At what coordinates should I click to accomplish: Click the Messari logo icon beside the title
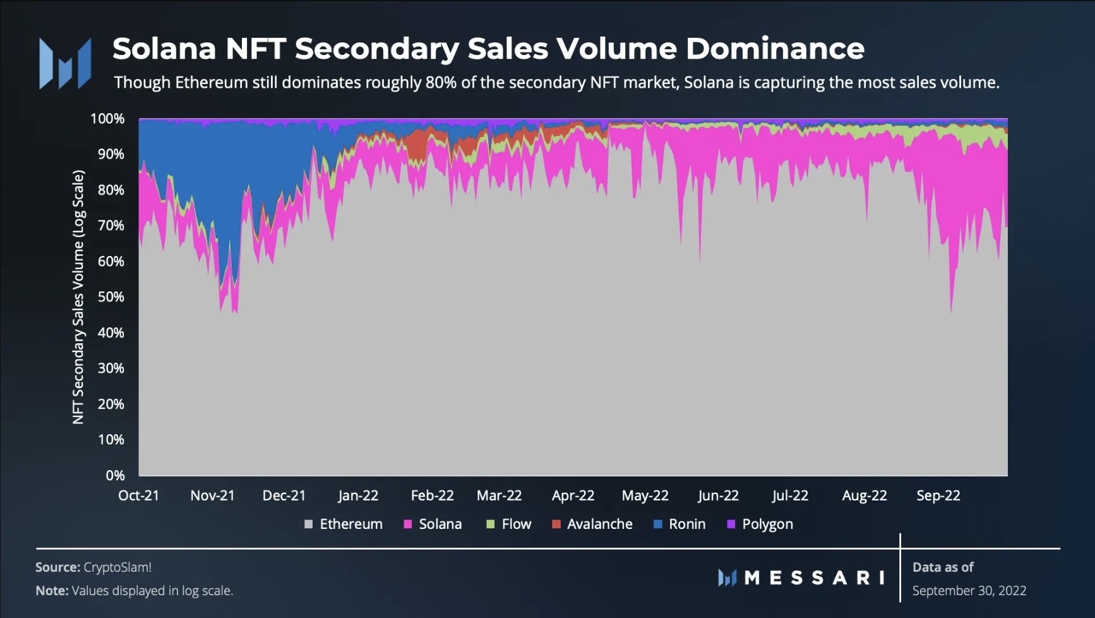tap(65, 63)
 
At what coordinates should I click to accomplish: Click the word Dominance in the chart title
tap(775, 49)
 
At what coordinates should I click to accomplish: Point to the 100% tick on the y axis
tap(107, 119)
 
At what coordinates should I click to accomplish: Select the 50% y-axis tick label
tap(111, 297)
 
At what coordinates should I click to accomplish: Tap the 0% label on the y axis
tap(115, 475)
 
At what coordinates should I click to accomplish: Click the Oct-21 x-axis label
tap(139, 495)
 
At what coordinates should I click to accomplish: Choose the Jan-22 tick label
tap(358, 495)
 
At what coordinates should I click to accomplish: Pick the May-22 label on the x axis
tap(645, 495)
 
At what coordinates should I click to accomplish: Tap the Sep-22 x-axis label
tap(938, 495)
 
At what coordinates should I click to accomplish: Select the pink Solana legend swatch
tap(408, 524)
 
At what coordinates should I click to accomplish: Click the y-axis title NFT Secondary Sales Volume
tap(78, 297)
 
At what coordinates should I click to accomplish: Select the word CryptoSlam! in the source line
tap(117, 567)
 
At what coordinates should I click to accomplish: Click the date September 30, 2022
tap(969, 591)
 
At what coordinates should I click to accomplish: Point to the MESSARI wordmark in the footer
tap(815, 578)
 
